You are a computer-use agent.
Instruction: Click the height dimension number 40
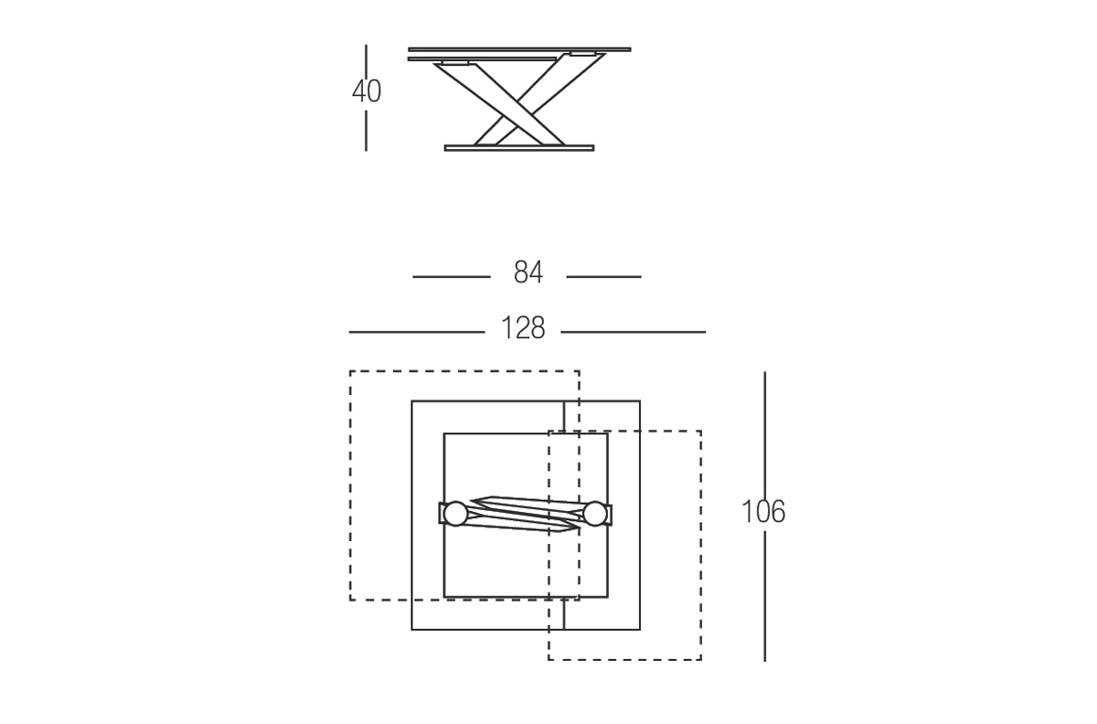tap(367, 91)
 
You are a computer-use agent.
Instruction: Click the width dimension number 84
tap(528, 272)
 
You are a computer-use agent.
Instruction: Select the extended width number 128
tap(523, 327)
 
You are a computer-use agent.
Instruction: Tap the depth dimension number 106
tap(763, 511)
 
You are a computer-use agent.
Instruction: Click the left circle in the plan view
tap(455, 514)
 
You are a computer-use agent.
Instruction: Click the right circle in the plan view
tap(595, 514)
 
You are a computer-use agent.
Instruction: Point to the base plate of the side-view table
tap(519, 148)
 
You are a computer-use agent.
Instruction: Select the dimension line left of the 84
tap(452, 277)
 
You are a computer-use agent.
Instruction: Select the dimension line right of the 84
tap(604, 277)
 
